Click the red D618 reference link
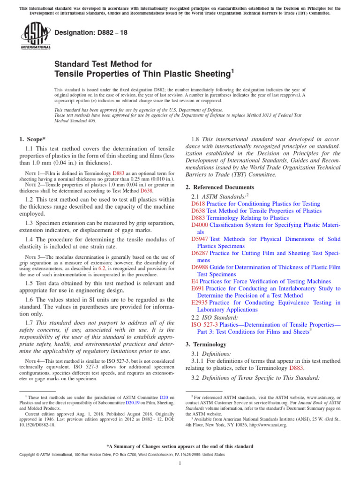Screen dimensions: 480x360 198,204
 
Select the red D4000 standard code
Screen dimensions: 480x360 201,225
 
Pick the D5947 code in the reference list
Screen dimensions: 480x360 201,239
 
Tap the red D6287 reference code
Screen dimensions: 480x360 201,253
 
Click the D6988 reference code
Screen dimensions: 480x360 201,267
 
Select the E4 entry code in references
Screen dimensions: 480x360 195,281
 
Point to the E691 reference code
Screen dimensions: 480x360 198,289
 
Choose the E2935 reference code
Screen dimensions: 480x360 199,303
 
